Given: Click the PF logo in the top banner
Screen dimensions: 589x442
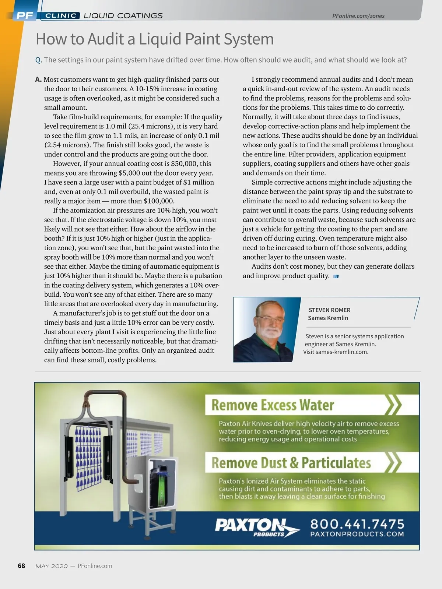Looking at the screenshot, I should coord(25,15).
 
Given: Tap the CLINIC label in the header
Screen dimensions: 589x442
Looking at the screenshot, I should coord(61,15).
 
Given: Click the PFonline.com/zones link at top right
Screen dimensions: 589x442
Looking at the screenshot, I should coord(358,16).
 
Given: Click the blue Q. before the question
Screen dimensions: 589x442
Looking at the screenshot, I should coord(39,60).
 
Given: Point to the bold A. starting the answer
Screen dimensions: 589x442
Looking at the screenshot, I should coord(38,80).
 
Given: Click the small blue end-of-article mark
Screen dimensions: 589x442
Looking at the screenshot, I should coord(336,276).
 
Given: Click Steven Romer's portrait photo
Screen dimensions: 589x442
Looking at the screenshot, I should coord(267,329).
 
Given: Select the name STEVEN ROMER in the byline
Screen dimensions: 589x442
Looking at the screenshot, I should coord(329,310).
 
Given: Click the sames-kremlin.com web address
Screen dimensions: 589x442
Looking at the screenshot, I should coord(341,352).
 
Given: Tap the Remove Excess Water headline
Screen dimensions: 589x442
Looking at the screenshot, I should coord(273,405).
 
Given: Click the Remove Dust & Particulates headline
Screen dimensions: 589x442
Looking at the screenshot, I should coord(291,463).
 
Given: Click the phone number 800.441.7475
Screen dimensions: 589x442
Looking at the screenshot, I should coord(357,523).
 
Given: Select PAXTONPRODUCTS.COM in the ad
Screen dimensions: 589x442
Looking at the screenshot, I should coord(357,534).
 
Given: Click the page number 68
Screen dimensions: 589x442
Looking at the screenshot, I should coord(21,566).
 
